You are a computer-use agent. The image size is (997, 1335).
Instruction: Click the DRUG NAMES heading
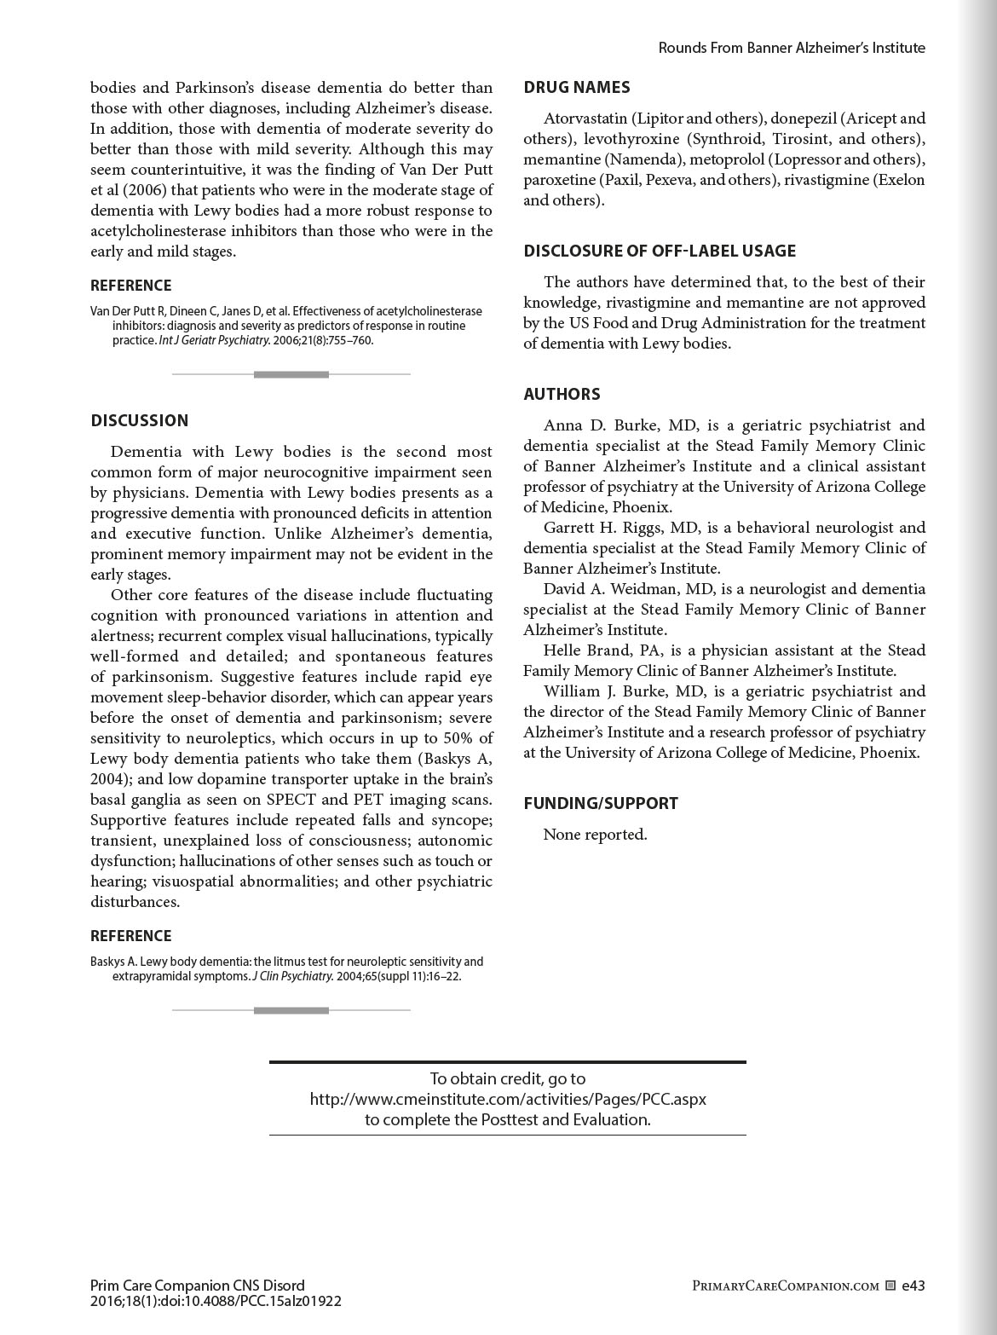tap(577, 87)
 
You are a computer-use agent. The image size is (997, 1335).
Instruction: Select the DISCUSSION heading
tap(140, 420)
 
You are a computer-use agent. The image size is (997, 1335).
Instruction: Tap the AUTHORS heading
tap(562, 394)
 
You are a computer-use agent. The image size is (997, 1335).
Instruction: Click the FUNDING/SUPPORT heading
tap(601, 803)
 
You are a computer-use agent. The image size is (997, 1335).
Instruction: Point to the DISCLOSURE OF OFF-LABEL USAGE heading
tap(660, 251)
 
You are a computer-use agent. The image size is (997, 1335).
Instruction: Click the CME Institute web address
tap(508, 1099)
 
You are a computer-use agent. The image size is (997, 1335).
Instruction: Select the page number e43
tap(913, 1286)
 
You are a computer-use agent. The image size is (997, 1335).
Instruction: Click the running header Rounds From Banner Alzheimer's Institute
tap(792, 48)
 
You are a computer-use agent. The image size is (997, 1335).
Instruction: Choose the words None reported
tap(595, 835)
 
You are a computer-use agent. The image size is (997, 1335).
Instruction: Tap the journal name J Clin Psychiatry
tap(292, 977)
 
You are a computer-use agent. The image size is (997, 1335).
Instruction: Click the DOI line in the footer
tap(216, 1301)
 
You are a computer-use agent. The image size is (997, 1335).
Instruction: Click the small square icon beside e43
tap(890, 1286)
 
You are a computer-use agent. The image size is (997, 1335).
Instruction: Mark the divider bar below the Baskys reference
tap(291, 1010)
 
